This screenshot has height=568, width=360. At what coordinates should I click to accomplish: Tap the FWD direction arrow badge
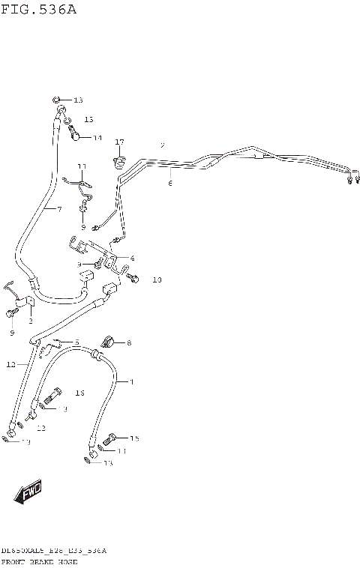[x=28, y=492]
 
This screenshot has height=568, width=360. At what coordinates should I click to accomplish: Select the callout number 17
[x=119, y=142]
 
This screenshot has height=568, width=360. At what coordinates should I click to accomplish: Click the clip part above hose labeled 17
[x=119, y=160]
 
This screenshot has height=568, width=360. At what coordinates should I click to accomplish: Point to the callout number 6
[x=170, y=183]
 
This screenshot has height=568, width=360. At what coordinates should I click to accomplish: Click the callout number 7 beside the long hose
[x=59, y=208]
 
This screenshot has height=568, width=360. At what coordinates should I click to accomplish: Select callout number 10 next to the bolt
[x=156, y=280]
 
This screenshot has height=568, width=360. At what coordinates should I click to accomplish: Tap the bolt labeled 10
[x=133, y=278]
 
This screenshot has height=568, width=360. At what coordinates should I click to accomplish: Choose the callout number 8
[x=129, y=343]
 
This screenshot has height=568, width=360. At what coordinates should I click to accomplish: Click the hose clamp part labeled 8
[x=107, y=342]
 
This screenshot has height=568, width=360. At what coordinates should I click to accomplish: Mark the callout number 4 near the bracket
[x=132, y=259]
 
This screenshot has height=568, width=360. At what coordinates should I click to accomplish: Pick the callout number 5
[x=76, y=342]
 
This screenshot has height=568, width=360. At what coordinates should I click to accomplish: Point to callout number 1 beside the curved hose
[x=131, y=382]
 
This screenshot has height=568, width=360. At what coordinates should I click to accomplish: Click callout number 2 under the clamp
[x=31, y=321]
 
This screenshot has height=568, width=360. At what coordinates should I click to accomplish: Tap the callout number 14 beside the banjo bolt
[x=97, y=138]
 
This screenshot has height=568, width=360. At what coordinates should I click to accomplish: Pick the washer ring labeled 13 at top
[x=57, y=100]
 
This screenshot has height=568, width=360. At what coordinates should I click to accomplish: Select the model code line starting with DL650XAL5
[x=53, y=551]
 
